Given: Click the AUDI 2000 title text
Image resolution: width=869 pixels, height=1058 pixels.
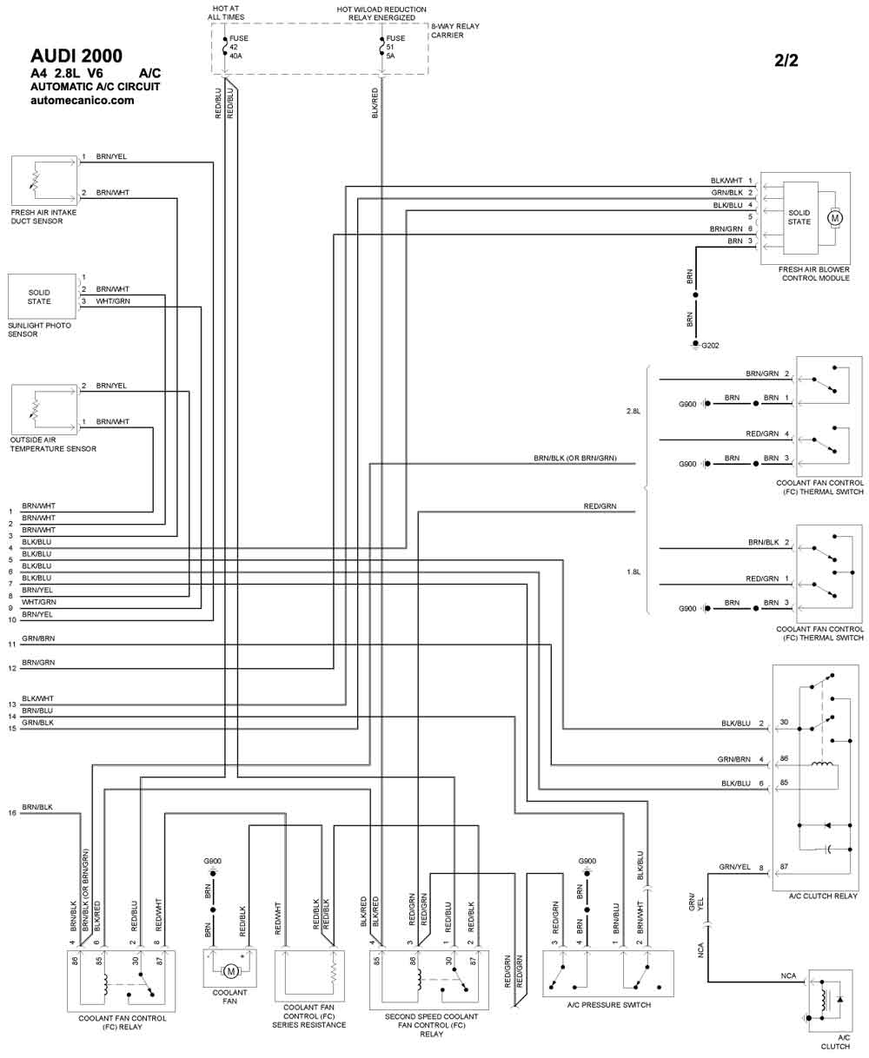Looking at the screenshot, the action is click(x=76, y=56).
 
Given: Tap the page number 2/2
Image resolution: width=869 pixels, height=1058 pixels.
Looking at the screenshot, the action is click(x=786, y=60).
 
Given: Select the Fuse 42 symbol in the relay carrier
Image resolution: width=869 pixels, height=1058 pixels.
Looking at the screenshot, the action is click(x=225, y=46).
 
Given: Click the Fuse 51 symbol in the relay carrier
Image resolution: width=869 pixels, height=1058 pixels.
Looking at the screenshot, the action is click(x=382, y=46).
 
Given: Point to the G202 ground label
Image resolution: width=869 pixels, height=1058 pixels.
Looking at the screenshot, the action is click(x=710, y=346).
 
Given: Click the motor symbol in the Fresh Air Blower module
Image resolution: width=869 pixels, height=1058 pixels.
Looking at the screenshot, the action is click(x=835, y=218).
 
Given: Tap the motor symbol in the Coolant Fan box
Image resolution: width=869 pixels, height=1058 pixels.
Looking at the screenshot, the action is click(x=231, y=972).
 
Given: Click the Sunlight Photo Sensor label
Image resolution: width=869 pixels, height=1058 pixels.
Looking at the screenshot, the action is click(x=39, y=329).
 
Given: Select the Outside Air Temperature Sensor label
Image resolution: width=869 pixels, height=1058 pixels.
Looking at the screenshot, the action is click(x=53, y=444).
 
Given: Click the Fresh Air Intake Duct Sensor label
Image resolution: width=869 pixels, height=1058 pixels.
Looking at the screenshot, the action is click(x=43, y=216).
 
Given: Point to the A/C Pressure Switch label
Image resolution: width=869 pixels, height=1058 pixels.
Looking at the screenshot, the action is click(x=609, y=1005).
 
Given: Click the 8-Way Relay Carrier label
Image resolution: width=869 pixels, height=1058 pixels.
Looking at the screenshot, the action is click(x=454, y=30).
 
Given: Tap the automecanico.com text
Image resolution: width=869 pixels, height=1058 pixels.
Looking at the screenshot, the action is click(x=83, y=100).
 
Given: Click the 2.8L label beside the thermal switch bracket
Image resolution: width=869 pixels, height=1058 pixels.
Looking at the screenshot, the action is click(x=633, y=411).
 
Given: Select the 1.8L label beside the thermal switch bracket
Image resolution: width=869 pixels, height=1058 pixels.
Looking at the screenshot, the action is click(x=633, y=572).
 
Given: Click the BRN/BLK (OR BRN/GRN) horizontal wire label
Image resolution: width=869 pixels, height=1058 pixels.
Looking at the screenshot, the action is click(x=574, y=458).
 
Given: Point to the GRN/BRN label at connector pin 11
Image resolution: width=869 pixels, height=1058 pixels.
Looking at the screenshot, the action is click(x=38, y=638).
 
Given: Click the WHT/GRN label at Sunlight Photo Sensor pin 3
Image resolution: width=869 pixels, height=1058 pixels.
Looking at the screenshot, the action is click(x=113, y=301).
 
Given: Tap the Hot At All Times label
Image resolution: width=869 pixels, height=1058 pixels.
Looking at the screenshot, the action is click(x=226, y=12).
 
